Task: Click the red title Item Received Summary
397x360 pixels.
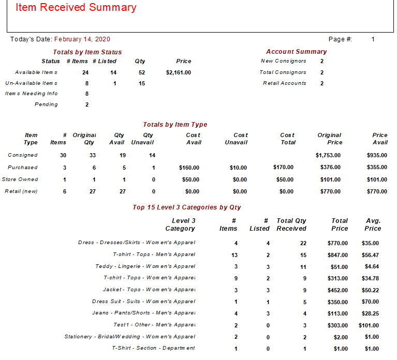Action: (x=76, y=7)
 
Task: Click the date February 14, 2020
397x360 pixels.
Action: (x=82, y=39)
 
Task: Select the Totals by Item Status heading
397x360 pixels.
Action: (x=87, y=52)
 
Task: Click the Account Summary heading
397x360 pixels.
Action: (x=296, y=52)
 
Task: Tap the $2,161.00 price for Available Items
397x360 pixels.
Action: (x=179, y=72)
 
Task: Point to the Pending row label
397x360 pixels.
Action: (x=46, y=104)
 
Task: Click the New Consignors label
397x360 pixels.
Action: (x=284, y=61)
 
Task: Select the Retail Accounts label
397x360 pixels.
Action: (x=285, y=83)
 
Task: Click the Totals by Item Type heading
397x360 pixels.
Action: (x=175, y=125)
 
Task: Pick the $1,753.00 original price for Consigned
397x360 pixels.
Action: (x=328, y=155)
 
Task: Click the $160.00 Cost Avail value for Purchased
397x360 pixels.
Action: (x=189, y=168)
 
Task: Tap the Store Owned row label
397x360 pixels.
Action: (x=20, y=179)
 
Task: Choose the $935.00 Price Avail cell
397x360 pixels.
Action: (x=377, y=155)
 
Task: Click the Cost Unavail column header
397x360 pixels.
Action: (x=236, y=139)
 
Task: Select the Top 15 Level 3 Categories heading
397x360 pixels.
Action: (x=187, y=207)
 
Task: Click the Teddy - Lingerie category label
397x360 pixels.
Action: (x=145, y=266)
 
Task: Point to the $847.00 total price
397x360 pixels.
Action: (x=337, y=255)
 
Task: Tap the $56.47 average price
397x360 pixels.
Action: (x=370, y=255)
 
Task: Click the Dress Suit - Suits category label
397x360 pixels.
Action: (x=143, y=302)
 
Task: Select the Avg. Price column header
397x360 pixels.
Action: (x=373, y=224)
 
